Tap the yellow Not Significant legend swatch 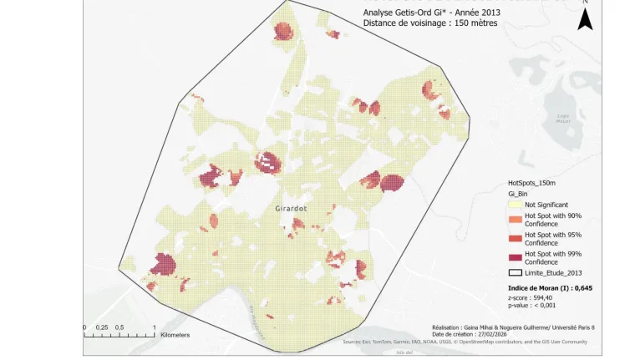(x=515, y=204)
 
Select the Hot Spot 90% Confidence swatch (x=515, y=220)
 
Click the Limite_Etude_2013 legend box (x=515, y=272)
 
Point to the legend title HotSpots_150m (x=532, y=182)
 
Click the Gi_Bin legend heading (x=518, y=193)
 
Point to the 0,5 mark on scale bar (x=120, y=327)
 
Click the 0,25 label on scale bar (x=101, y=327)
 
